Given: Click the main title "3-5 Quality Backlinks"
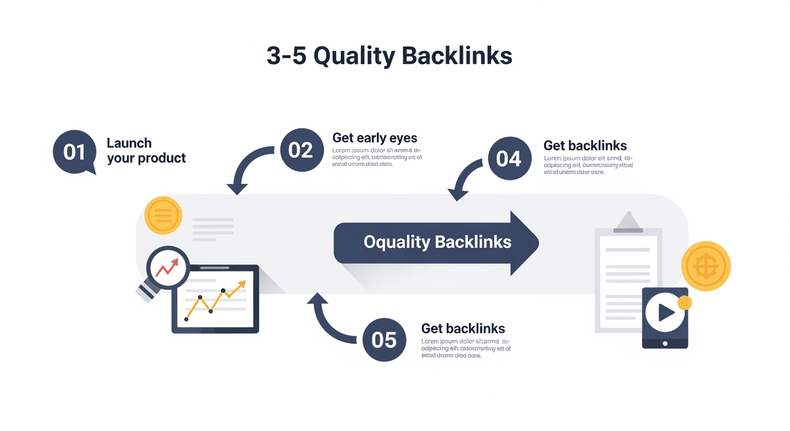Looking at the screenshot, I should click(x=389, y=56).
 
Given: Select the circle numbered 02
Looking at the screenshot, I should click(x=301, y=150).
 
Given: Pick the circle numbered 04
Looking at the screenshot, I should click(x=509, y=159).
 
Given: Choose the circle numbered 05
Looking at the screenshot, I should click(x=384, y=340).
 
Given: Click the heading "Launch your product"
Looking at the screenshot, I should click(x=146, y=150).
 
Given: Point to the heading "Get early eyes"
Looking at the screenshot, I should click(x=375, y=138).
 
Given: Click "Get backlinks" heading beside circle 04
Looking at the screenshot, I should click(x=585, y=146).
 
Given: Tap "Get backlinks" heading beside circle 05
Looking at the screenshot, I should click(x=463, y=329).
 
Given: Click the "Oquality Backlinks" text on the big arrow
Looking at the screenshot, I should click(x=437, y=242).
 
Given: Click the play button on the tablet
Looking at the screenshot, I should click(x=665, y=312).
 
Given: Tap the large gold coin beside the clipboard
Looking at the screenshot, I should click(x=706, y=266).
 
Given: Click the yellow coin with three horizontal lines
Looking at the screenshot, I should click(x=163, y=215).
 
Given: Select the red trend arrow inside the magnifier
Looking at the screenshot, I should click(x=167, y=268).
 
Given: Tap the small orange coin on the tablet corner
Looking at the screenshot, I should click(x=684, y=303).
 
